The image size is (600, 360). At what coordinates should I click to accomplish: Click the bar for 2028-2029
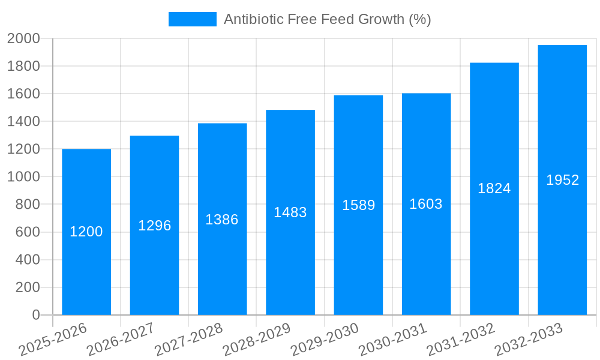290,264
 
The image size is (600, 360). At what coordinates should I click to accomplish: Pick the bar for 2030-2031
426,264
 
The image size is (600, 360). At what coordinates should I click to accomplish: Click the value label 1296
155,226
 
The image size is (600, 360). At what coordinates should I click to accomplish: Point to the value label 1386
222,220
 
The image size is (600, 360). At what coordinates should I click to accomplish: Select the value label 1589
359,205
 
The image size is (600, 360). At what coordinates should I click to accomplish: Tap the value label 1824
494,188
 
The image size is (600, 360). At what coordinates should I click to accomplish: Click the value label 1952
563,180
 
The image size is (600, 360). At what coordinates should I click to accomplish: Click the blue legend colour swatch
192,19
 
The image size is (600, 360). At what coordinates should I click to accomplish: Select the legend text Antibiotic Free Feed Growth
327,19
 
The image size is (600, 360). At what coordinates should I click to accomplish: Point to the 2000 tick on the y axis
23,39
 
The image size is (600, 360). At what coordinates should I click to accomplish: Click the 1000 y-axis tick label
23,177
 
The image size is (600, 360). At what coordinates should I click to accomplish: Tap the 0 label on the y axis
35,315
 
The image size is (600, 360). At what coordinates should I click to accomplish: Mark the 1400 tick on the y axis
23,122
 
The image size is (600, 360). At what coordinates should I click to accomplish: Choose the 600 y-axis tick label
28,232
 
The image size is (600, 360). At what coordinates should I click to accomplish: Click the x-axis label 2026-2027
121,340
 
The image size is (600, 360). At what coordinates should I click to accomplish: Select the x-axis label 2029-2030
325,340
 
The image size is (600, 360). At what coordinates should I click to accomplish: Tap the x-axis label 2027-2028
188,340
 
